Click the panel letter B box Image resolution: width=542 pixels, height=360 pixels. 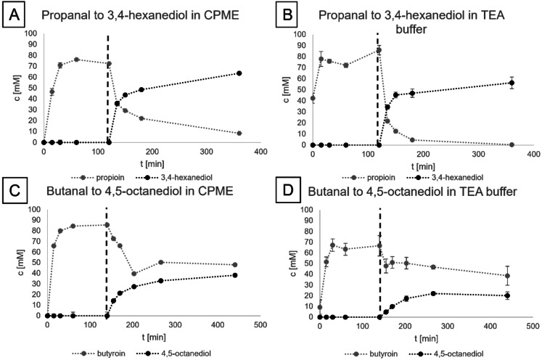(x=284, y=15)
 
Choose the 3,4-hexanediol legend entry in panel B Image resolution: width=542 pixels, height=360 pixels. (x=441, y=176)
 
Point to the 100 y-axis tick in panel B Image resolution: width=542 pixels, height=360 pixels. (x=300, y=34)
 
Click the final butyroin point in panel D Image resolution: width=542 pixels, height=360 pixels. (x=507, y=276)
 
